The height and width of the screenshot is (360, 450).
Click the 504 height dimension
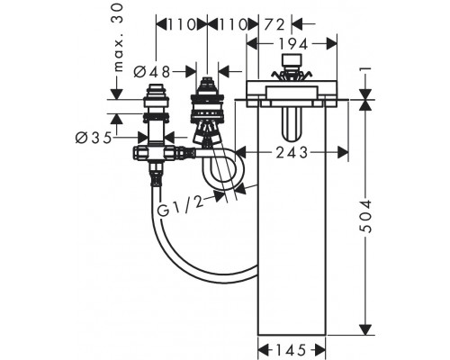point(365,216)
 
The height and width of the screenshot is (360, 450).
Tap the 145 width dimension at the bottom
point(291,350)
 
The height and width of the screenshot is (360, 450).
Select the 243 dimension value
point(292,153)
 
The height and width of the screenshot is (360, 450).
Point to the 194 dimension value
point(293,44)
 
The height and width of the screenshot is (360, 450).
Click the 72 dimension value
point(274,25)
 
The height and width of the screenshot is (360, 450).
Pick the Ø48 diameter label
point(152,72)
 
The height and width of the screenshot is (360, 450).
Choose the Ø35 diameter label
point(94,138)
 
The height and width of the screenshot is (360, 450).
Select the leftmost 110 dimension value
point(182,25)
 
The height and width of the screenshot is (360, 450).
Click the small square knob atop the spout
point(292,60)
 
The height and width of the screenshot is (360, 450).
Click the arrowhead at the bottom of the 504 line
point(365,329)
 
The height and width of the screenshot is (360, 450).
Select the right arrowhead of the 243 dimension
point(343,153)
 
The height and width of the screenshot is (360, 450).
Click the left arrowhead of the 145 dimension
point(263,350)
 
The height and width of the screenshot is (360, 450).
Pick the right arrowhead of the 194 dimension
point(331,44)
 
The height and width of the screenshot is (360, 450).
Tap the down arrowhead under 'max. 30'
point(117,94)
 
